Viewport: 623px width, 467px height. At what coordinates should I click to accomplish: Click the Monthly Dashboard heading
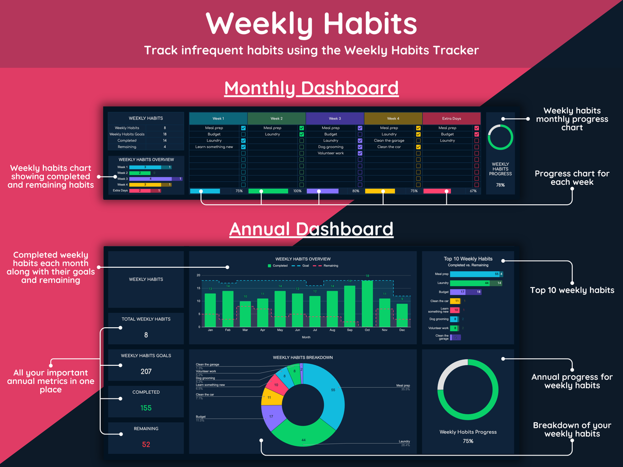[x=311, y=88]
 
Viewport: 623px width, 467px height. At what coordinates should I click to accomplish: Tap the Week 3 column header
[x=335, y=119]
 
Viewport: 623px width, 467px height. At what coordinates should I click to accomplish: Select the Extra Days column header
[x=451, y=119]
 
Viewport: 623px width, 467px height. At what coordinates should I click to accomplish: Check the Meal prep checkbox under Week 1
[x=243, y=128]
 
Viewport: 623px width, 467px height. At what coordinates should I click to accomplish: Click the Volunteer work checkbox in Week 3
[x=360, y=153]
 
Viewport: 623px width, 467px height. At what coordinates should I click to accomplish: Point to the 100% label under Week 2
[x=297, y=191]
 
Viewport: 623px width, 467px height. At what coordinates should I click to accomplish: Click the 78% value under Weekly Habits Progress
[x=500, y=185]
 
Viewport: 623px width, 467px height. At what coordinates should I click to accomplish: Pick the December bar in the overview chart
[x=402, y=315]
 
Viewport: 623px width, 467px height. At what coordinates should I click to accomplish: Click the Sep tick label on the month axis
[x=350, y=330]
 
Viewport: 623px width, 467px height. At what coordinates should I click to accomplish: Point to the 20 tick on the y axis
[x=198, y=276]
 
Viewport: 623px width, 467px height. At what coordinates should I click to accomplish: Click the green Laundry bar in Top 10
[x=470, y=283]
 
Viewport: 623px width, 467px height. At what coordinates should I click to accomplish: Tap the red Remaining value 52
[x=146, y=444]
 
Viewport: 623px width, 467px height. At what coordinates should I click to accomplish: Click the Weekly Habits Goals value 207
[x=146, y=371]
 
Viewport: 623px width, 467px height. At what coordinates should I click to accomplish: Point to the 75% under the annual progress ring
[x=468, y=441]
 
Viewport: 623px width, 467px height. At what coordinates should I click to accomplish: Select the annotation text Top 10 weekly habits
[x=572, y=290]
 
